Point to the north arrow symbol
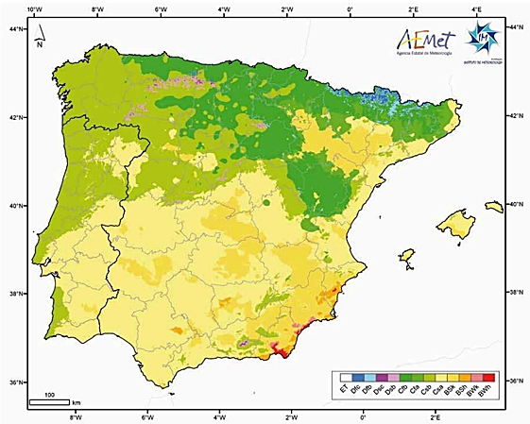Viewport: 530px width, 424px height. (x=38, y=38)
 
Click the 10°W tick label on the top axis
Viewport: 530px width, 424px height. (x=35, y=10)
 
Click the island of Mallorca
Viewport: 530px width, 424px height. (x=458, y=225)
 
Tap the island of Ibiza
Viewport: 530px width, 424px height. (x=407, y=256)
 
